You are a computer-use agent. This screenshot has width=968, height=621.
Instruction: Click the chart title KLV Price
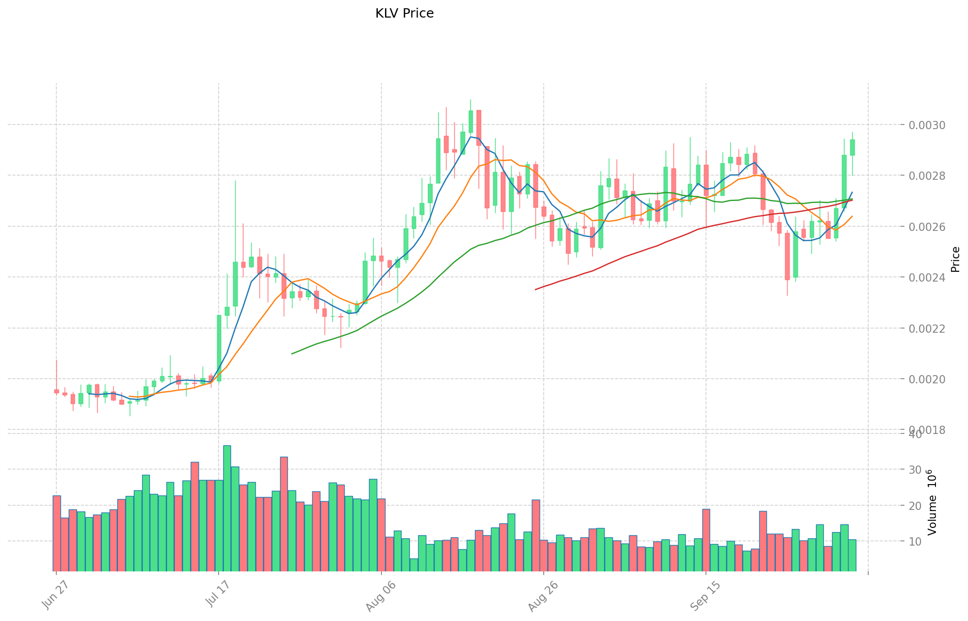click(404, 14)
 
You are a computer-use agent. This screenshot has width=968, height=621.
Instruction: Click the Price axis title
click(955, 259)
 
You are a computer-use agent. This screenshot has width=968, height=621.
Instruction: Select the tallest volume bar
click(227, 508)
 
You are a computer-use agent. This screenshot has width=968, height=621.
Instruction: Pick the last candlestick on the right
click(852, 147)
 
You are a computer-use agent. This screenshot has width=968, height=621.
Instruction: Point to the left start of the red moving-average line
click(535, 289)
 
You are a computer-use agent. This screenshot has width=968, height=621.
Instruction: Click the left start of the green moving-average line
click(292, 353)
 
